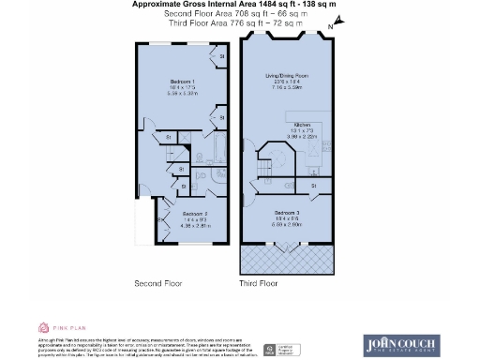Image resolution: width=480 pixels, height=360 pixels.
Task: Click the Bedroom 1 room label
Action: (x=182, y=82)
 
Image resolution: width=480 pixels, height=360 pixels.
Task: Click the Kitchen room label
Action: (x=302, y=124)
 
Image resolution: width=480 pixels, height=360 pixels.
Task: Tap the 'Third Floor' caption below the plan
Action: (x=260, y=282)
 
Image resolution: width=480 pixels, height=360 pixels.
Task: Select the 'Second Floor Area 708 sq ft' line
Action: (x=239, y=15)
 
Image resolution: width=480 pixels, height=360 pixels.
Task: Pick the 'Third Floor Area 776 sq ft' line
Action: (x=239, y=23)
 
